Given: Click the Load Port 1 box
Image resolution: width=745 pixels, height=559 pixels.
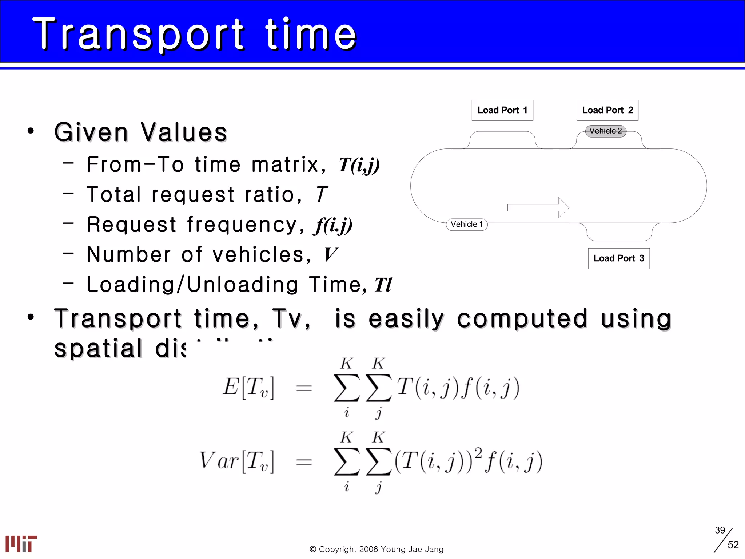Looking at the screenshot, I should point(502,110).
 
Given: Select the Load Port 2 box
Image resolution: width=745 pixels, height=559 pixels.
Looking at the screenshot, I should point(607,110).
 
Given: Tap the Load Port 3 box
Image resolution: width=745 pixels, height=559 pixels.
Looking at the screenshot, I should point(618,258).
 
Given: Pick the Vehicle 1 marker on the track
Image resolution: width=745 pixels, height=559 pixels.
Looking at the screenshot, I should point(466,224).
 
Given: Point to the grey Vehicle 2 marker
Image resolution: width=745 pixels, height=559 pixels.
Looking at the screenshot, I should point(605,131).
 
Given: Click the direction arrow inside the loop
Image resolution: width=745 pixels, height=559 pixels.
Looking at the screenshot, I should point(538,207).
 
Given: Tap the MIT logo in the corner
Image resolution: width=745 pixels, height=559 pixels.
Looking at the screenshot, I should point(21,543).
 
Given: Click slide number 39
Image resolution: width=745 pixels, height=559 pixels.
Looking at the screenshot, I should point(720,530).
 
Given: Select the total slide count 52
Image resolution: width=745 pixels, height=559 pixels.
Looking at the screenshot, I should point(733,545).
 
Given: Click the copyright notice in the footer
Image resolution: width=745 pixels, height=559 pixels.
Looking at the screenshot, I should point(377,549).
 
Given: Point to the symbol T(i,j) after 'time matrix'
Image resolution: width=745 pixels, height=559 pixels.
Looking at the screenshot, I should point(359,165).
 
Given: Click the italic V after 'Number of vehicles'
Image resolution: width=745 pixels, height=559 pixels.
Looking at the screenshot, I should point(330,254).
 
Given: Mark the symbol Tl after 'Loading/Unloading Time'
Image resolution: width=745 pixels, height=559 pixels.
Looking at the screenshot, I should point(383,285).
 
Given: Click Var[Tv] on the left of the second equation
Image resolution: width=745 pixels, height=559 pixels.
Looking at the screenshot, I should point(236,461).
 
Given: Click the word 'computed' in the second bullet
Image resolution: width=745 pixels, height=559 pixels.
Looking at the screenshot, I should point(522,319).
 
